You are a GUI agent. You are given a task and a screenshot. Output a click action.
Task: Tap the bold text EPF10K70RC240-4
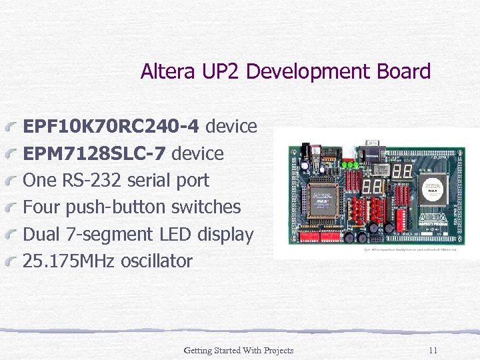111,126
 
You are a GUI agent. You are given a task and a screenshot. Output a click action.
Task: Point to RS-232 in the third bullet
95,180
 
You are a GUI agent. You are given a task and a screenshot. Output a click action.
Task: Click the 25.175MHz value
69,261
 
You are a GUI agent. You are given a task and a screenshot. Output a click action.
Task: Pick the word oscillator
156,261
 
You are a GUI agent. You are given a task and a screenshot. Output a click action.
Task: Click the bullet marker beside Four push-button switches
13,209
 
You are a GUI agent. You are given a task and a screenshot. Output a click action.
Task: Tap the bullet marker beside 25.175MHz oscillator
13,263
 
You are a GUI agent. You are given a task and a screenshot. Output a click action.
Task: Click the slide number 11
433,351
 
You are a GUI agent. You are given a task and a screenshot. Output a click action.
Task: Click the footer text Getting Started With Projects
238,351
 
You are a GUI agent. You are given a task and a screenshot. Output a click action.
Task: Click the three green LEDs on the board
351,164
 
